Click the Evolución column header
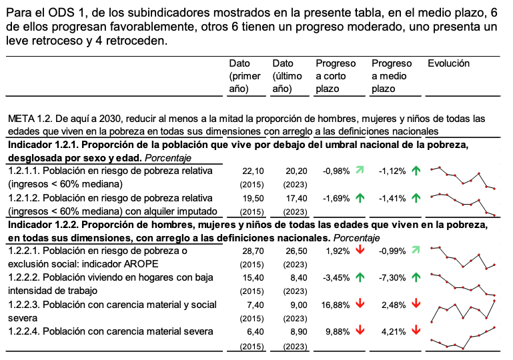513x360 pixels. coord(448,64)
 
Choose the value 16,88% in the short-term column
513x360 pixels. coord(335,304)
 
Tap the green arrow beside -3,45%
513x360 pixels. coord(360,277)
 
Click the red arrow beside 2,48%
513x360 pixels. coord(416,304)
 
